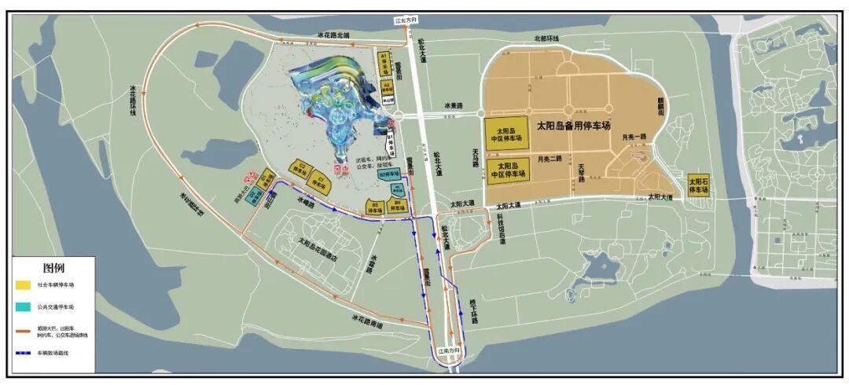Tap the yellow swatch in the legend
(x=24, y=284)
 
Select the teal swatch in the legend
(x=24, y=307)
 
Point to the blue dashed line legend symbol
(x=24, y=353)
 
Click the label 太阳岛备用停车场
(x=573, y=125)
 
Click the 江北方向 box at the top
(x=402, y=20)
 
